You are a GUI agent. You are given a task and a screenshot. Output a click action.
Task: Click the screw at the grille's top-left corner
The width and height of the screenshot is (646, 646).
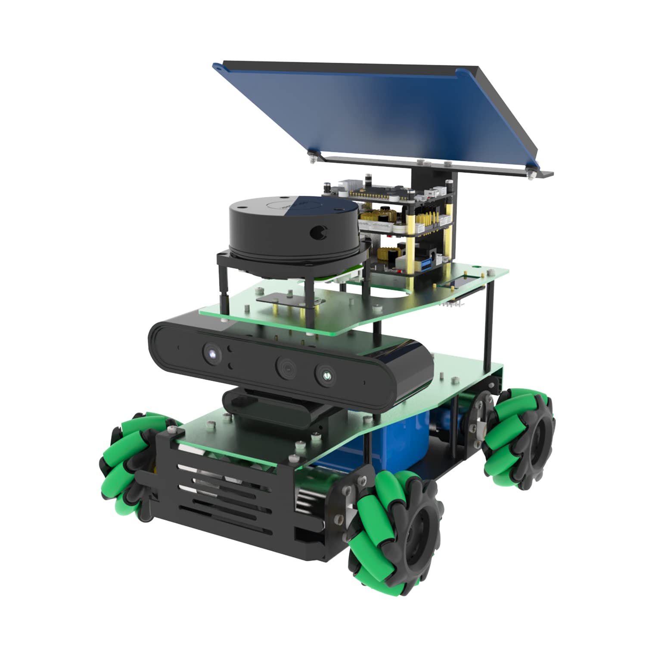pyautogui.click(x=173, y=429)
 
